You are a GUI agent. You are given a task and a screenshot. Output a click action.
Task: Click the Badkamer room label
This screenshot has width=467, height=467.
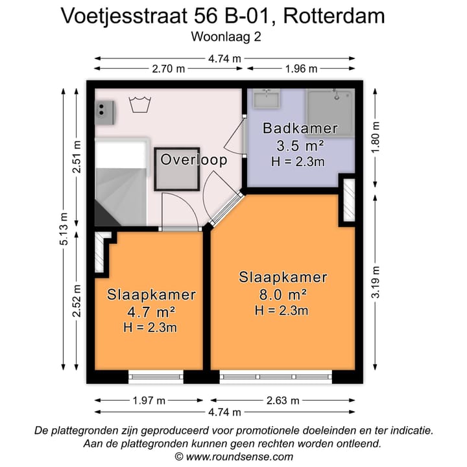pyautogui.click(x=300, y=128)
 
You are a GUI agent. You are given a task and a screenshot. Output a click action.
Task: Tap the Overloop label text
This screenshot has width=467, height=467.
pyautogui.click(x=194, y=160)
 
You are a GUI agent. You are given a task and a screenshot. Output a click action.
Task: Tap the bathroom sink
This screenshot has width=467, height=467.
pyautogui.click(x=266, y=99)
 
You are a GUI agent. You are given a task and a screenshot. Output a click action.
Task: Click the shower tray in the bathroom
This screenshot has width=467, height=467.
pyautogui.click(x=331, y=112)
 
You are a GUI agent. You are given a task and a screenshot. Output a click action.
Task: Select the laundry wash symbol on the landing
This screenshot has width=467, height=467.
pyautogui.click(x=138, y=104)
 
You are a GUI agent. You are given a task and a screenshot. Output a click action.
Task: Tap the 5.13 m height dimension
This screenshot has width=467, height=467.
pyautogui.click(x=64, y=226)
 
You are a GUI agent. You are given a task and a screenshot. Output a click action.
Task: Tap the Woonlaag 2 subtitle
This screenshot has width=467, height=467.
pyautogui.click(x=226, y=37)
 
